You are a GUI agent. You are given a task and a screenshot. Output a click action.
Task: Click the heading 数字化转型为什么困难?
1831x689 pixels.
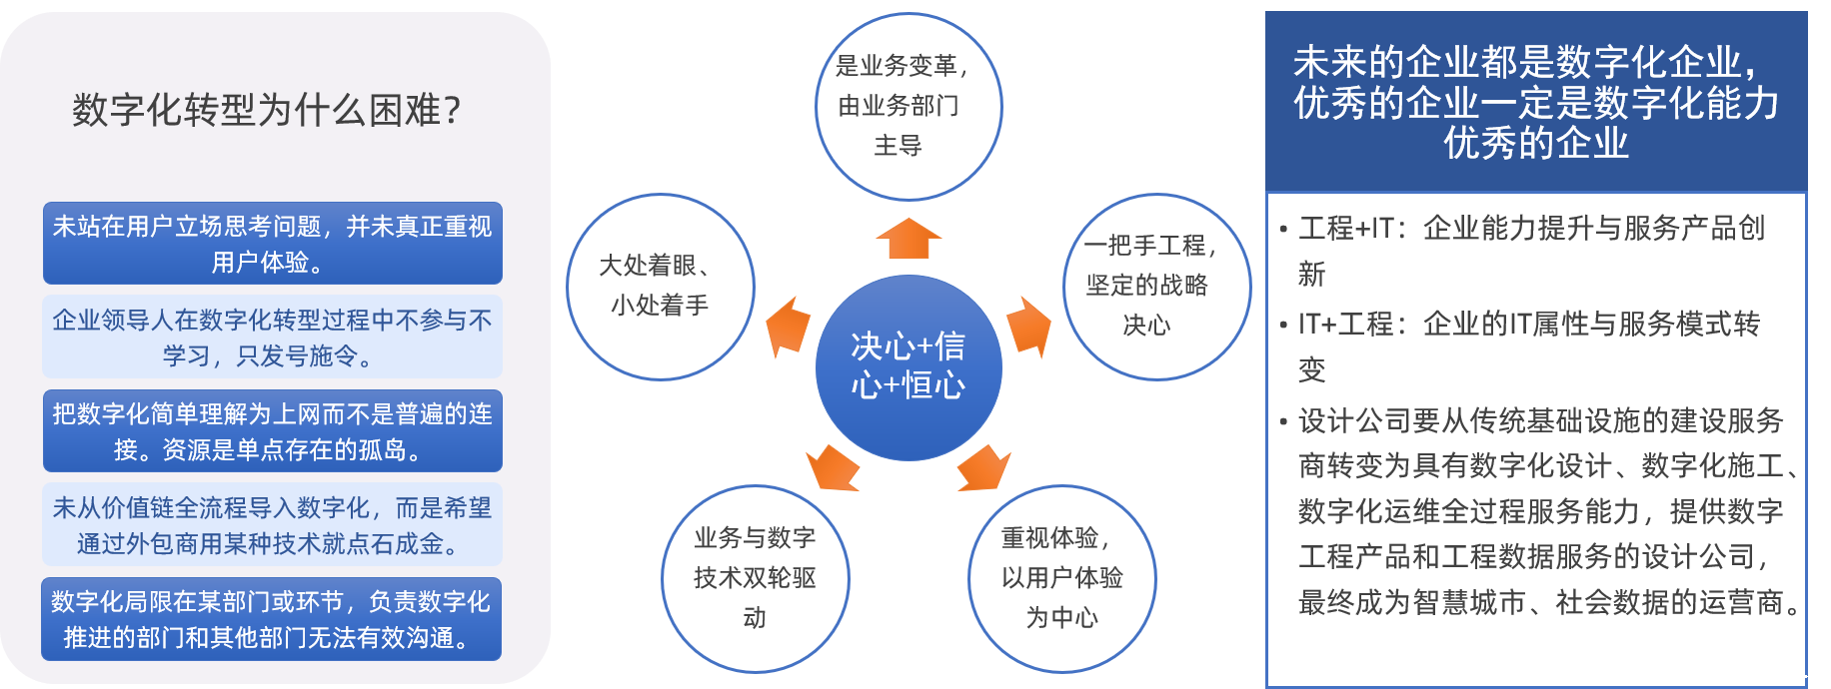click(267, 110)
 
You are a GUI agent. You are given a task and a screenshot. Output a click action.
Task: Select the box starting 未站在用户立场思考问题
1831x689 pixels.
click(272, 244)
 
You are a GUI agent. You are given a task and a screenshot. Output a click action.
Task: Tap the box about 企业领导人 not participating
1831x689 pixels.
click(272, 337)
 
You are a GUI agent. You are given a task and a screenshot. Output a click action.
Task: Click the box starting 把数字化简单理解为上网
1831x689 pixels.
click(272, 431)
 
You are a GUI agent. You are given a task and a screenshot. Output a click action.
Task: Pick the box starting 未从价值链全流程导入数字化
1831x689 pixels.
click(272, 525)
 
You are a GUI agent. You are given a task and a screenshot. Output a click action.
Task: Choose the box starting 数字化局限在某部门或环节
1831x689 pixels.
click(271, 619)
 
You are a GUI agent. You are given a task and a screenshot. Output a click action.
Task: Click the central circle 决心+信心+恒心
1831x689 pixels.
click(908, 366)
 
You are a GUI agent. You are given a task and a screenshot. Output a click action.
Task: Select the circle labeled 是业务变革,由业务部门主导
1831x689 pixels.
click(908, 106)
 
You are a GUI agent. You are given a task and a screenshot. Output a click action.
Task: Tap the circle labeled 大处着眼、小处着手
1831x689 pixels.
click(660, 286)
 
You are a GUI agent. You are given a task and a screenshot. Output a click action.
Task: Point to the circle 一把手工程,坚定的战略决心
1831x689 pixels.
click(1155, 286)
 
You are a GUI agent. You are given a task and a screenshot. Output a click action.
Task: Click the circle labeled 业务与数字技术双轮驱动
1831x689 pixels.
click(755, 578)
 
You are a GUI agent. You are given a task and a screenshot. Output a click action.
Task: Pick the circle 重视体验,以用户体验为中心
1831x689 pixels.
click(1061, 578)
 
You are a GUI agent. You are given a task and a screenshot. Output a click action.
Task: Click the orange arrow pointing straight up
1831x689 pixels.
click(909, 239)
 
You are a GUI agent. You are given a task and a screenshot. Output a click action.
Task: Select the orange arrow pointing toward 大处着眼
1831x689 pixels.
click(788, 326)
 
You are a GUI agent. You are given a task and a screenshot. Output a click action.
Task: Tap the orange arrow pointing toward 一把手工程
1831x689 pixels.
click(1028, 326)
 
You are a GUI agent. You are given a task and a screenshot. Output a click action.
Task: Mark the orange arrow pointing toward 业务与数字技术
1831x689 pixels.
click(833, 468)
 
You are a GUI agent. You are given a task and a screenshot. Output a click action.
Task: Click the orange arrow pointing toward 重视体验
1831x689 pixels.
click(983, 468)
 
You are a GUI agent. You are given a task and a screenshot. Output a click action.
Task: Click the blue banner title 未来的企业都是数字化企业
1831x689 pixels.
click(1535, 102)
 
